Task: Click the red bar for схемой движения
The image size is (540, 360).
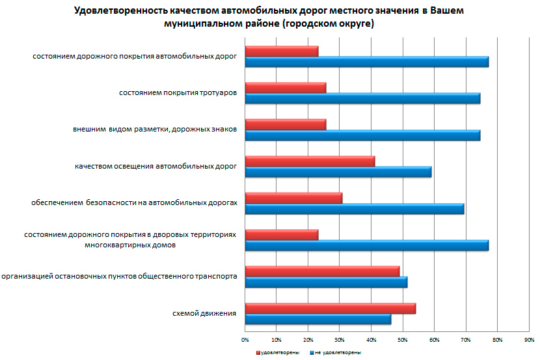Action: tap(330, 309)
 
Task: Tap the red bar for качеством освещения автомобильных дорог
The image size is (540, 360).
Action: tap(310, 161)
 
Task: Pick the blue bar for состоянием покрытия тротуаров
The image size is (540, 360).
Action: tap(362, 98)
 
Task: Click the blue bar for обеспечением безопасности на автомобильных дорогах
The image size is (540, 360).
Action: tap(354, 209)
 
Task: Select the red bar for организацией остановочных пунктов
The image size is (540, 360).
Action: tap(322, 271)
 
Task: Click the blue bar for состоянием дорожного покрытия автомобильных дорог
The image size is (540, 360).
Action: tap(366, 62)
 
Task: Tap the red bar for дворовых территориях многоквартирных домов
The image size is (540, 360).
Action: tap(281, 235)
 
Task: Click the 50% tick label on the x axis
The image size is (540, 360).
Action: tap(403, 340)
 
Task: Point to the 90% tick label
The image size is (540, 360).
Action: tap(529, 340)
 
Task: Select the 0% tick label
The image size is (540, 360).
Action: tap(245, 340)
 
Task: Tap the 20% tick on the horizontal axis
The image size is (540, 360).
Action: tap(308, 340)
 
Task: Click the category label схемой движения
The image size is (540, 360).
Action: tap(204, 314)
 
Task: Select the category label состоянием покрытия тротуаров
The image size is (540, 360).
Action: tap(177, 93)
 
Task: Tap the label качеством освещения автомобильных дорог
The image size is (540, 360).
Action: tap(155, 167)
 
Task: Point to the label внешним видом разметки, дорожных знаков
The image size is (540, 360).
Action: tap(154, 130)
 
